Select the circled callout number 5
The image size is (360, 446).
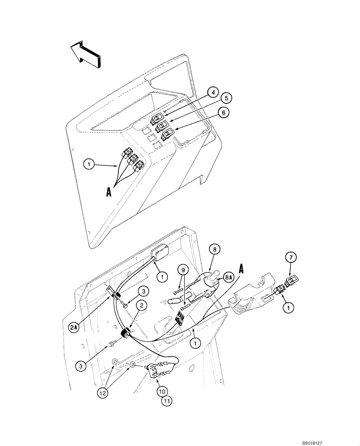coord(226,98)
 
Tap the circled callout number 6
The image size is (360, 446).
coord(224,112)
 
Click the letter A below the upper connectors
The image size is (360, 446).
coord(108,192)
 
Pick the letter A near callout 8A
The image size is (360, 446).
coord(241,269)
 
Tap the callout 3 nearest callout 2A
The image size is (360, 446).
coord(142,291)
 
